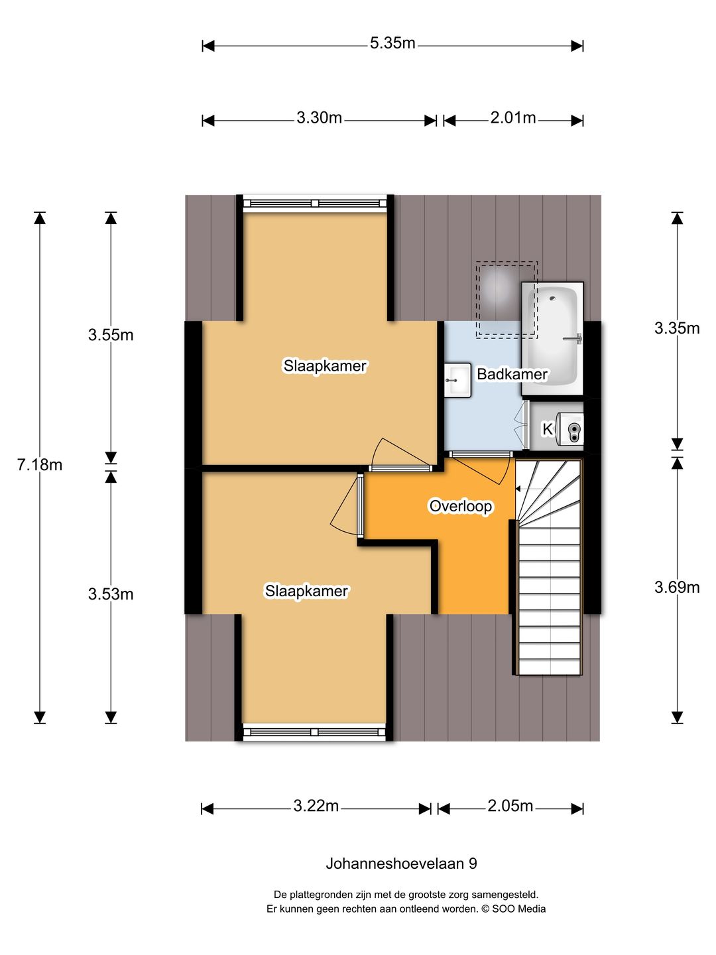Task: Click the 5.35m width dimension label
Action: click(x=392, y=43)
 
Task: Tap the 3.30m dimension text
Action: click(x=319, y=117)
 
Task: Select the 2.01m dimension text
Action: click(x=513, y=117)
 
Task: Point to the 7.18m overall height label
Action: click(x=40, y=465)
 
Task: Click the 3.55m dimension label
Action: click(x=111, y=334)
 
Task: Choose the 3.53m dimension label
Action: click(x=111, y=594)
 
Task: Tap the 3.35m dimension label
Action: click(x=677, y=328)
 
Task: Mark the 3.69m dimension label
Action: click(x=677, y=588)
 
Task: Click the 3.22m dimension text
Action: click(x=316, y=806)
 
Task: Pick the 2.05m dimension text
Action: click(x=510, y=806)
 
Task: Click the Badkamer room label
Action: click(x=512, y=374)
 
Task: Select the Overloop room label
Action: click(x=460, y=506)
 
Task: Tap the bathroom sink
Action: click(x=457, y=380)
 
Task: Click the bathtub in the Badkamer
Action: click(x=552, y=339)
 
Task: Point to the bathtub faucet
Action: click(x=573, y=339)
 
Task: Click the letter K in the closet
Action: click(x=548, y=429)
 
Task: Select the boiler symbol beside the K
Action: click(x=570, y=429)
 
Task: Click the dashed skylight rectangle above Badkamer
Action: click(x=507, y=300)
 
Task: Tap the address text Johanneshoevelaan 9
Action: click(x=401, y=863)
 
